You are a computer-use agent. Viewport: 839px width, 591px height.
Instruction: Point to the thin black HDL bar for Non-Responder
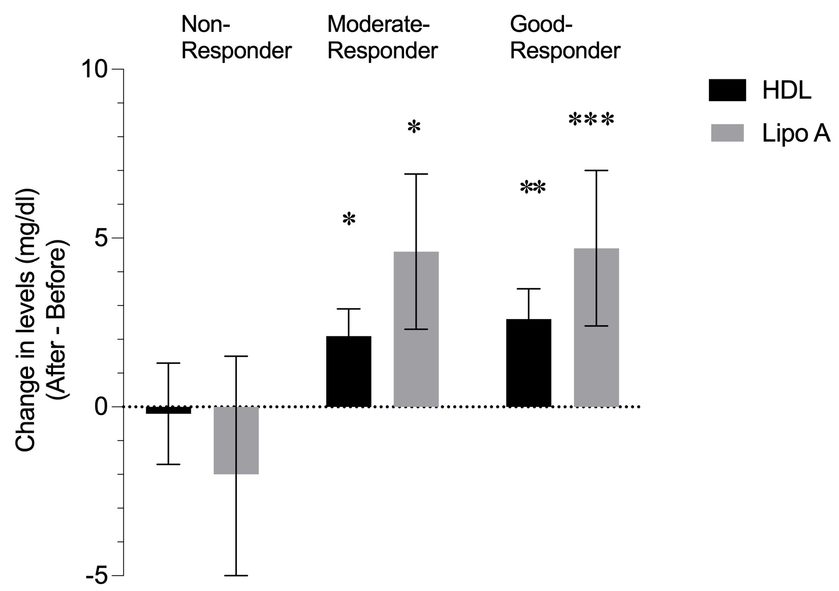click(168, 410)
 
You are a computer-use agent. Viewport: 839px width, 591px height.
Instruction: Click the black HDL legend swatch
click(727, 90)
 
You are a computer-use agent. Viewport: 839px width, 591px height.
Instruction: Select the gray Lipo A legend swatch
click(727, 133)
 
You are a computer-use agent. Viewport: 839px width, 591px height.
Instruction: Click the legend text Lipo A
click(796, 134)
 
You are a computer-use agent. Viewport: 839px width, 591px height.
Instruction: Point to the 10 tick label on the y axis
click(97, 69)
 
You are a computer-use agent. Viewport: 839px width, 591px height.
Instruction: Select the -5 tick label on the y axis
click(98, 576)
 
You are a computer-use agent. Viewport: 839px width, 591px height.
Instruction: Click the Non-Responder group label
click(236, 38)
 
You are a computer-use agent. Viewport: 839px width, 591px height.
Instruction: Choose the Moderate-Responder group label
click(382, 38)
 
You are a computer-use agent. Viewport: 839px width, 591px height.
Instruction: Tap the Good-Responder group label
click(565, 38)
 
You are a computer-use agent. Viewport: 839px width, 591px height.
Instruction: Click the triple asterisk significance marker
click(591, 120)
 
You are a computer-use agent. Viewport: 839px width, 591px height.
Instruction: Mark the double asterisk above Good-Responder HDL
click(533, 189)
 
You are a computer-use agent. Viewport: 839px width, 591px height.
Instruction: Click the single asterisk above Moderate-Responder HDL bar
click(349, 220)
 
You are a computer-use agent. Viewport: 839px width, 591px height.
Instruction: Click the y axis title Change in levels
click(26, 320)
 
